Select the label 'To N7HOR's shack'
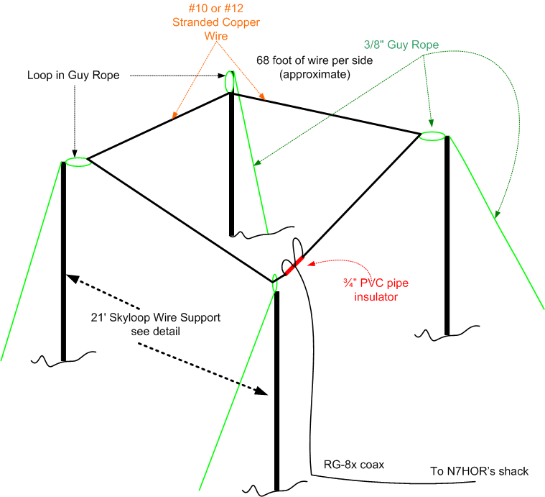coord(480,471)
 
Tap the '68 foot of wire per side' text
coord(315,60)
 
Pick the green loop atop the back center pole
coord(230,81)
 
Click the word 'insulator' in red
coord(376,296)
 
